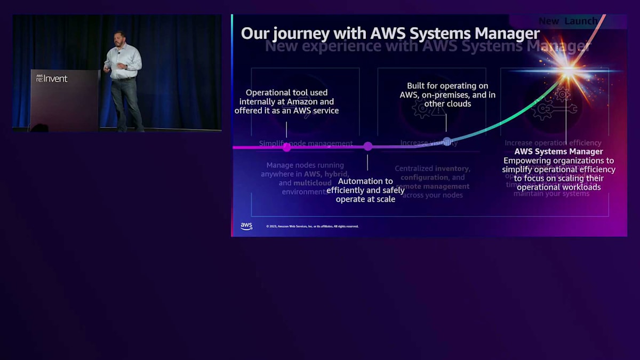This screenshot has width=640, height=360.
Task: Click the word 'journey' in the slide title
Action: pyautogui.click(x=297, y=34)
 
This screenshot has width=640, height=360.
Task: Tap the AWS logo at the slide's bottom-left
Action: pyautogui.click(x=246, y=226)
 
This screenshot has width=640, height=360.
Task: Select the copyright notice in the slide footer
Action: pyautogui.click(x=312, y=226)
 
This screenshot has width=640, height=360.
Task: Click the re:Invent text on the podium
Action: pyautogui.click(x=52, y=78)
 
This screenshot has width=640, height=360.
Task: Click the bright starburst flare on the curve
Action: pyautogui.click(x=569, y=70)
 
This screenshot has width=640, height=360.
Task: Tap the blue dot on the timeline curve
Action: pyautogui.click(x=447, y=141)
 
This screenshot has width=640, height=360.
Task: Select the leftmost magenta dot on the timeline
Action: pyautogui.click(x=286, y=147)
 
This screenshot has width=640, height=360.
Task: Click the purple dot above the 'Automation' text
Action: pyautogui.click(x=367, y=146)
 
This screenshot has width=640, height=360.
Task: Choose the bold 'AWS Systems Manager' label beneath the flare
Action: pyautogui.click(x=558, y=151)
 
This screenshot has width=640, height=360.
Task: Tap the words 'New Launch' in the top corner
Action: pyautogui.click(x=567, y=21)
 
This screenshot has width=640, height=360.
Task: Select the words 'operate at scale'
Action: pyautogui.click(x=365, y=199)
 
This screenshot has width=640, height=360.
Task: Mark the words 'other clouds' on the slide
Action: pyautogui.click(x=447, y=104)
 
